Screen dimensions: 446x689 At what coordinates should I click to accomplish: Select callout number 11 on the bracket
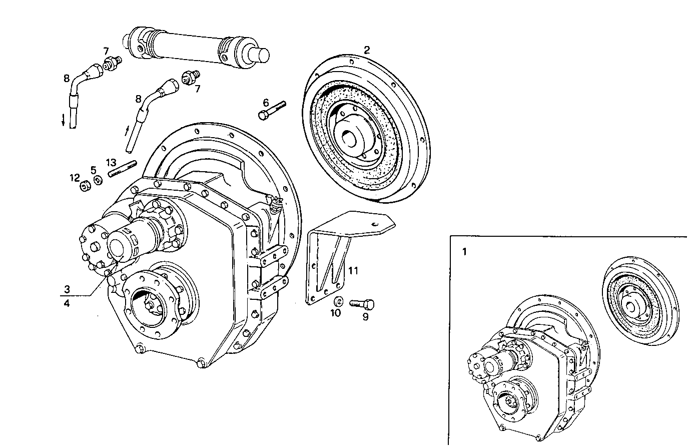[x=353, y=271]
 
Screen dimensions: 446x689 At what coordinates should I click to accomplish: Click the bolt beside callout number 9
[x=362, y=303]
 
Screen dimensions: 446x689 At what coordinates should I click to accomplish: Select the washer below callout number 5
[x=97, y=180]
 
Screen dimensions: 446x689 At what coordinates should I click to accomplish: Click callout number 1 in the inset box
[x=464, y=252]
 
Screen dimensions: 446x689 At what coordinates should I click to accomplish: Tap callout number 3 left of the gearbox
[x=67, y=289]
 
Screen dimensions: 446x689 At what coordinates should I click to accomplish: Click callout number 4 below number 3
[x=67, y=302]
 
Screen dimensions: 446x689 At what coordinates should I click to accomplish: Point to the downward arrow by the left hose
[x=63, y=121]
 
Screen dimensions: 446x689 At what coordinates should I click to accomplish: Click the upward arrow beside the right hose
[x=126, y=133]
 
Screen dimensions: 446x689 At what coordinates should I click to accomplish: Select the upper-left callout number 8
[x=67, y=78]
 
